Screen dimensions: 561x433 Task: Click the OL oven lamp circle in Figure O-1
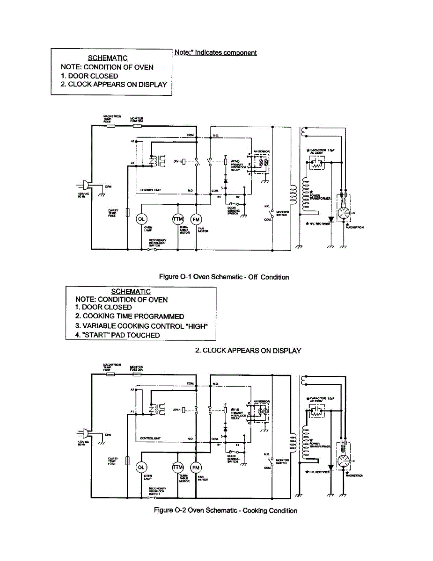141,219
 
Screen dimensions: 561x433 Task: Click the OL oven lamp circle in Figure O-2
141,468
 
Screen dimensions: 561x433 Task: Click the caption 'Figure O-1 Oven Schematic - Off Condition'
224,277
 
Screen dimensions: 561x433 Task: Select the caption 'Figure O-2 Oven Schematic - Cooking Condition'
226,510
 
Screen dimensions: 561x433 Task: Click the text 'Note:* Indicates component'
215,53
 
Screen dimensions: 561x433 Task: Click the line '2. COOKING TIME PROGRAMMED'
130,316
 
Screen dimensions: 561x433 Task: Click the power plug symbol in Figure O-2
80,433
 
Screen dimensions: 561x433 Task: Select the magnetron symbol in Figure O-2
346,461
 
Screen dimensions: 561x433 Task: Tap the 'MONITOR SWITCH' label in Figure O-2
282,462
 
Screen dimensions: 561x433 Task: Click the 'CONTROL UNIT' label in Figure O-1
151,190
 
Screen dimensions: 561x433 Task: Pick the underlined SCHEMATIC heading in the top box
111,58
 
